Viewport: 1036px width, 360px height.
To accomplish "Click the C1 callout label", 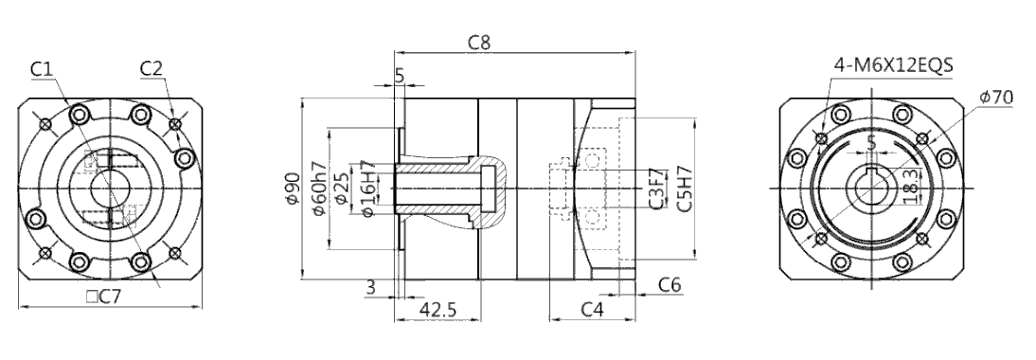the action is click(41, 69).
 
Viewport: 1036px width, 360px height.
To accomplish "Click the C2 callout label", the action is click(152, 68).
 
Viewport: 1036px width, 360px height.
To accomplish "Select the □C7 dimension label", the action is click(104, 297).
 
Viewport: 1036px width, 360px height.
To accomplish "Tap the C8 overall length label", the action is click(480, 43).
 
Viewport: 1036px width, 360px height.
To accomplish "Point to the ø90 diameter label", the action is click(293, 189).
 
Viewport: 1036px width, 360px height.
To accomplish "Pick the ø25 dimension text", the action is click(342, 189).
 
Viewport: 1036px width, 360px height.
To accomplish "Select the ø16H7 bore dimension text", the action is click(368, 189).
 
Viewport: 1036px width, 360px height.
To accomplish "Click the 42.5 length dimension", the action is click(438, 310).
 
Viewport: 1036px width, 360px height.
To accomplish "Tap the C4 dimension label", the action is click(592, 309).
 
